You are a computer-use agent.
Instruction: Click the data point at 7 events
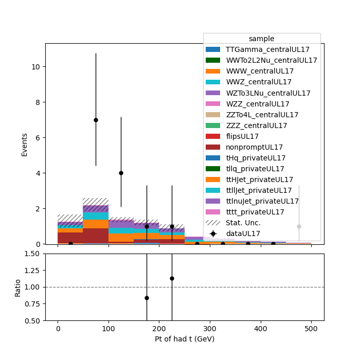pos(96,120)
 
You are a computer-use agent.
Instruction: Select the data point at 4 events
pos(121,173)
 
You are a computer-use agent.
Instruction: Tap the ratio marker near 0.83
pos(147,298)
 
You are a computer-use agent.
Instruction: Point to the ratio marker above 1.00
pos(172,279)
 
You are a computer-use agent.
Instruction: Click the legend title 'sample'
pos(261,39)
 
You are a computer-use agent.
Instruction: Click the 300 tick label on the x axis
pos(210,329)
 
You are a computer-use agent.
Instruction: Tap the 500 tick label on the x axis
pos(311,329)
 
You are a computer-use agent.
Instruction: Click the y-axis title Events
pos(24,145)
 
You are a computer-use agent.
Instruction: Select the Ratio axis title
pos(17,289)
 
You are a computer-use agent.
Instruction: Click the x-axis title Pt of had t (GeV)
pos(185,339)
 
